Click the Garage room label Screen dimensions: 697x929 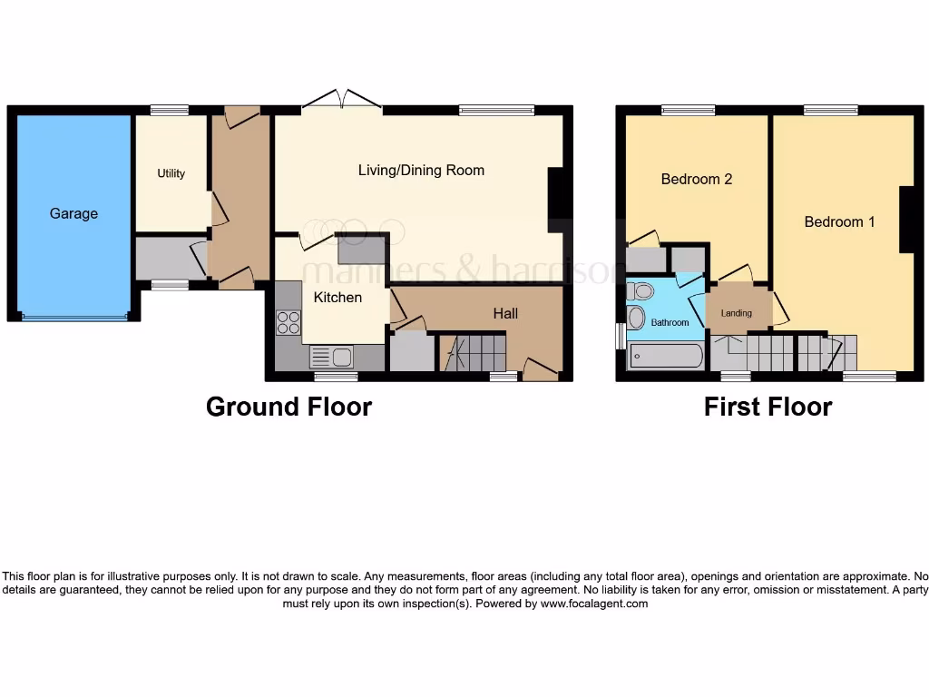73,213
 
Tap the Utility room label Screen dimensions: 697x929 171,173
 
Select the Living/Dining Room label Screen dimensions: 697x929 421,170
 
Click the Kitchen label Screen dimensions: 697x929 337,297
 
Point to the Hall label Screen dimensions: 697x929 505,313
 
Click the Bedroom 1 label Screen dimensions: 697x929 839,221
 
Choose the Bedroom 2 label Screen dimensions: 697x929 696,179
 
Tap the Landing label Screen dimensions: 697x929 736,314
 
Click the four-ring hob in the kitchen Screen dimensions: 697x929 288,323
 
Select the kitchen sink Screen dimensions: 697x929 332,357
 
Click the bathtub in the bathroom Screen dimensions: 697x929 665,356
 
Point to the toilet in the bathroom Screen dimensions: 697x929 641,291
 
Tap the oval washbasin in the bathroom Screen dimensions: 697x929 637,317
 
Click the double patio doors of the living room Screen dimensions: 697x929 342,99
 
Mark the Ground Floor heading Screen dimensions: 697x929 288,406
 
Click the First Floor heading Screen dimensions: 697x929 768,406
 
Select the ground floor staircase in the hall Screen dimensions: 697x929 472,352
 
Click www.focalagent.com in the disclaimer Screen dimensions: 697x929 593,604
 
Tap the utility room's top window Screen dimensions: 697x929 169,111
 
